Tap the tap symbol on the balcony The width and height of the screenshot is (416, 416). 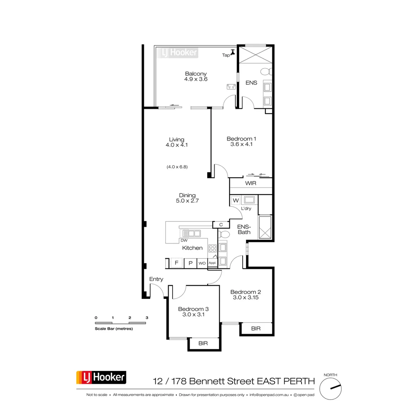[x=233, y=52]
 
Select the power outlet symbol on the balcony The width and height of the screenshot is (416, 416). [x=231, y=87]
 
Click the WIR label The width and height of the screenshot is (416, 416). [x=251, y=183]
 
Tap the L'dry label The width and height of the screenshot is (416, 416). [x=246, y=208]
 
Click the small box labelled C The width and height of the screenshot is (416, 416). [x=221, y=225]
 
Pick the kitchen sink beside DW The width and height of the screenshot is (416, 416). [x=191, y=233]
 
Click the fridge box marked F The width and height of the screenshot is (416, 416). [x=176, y=263]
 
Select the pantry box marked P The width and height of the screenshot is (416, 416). [x=190, y=263]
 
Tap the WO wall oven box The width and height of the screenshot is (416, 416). [x=202, y=263]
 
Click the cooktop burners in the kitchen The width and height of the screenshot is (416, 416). [x=212, y=248]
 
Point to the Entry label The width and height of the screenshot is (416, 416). [x=156, y=279]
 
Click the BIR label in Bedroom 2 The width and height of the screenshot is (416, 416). [x=256, y=329]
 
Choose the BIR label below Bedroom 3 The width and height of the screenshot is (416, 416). [x=203, y=343]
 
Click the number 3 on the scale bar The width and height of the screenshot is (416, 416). [x=147, y=317]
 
